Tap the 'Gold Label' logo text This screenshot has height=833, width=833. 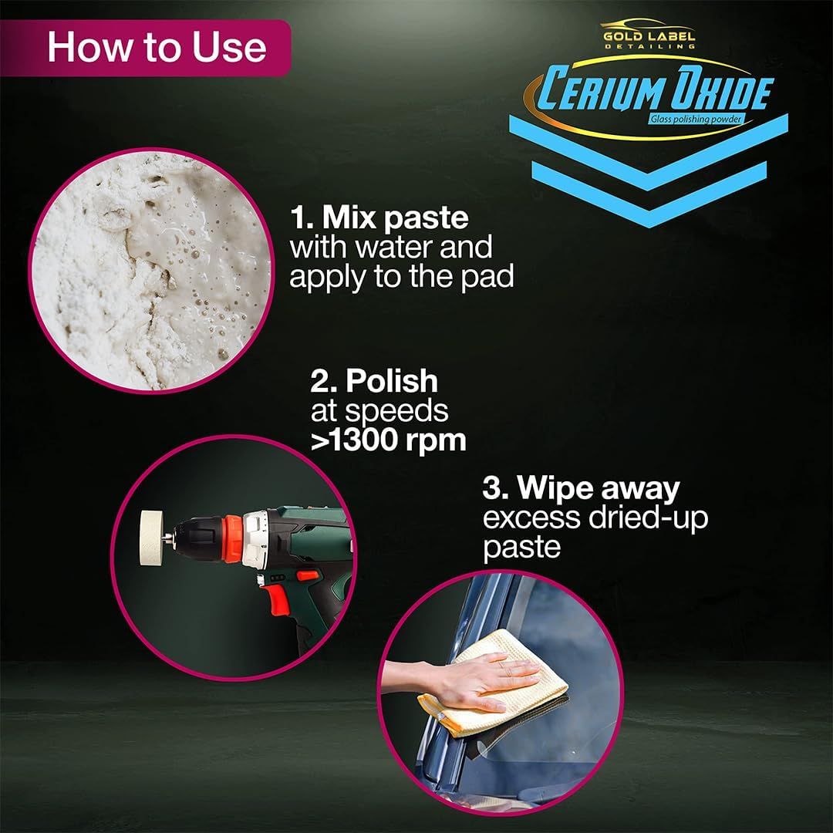[x=649, y=36]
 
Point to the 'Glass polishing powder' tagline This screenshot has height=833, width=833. [x=693, y=119]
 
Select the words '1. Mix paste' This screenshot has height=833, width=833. [x=379, y=218]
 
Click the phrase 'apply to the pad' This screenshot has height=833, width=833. [x=401, y=276]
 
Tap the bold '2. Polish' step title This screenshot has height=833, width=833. [x=374, y=381]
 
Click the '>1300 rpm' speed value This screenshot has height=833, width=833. [x=388, y=440]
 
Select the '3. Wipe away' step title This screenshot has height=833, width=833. [x=581, y=488]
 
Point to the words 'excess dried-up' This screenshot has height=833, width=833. [x=595, y=518]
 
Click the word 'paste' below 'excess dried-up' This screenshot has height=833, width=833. [x=521, y=548]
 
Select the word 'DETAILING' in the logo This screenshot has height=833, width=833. [x=649, y=47]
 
